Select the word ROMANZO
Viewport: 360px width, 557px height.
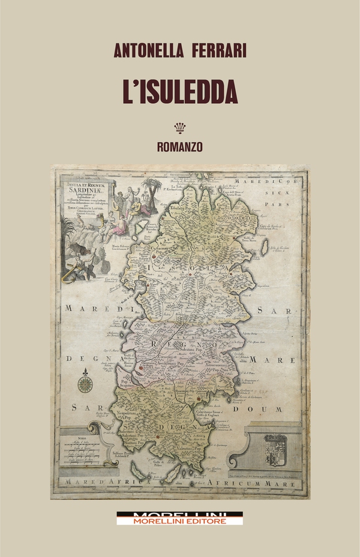(x=180, y=146)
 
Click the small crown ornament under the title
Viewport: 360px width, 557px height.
(x=180, y=127)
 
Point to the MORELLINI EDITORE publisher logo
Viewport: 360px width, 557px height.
(x=180, y=519)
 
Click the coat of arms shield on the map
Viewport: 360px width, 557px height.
(x=275, y=449)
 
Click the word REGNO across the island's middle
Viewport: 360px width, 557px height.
(x=180, y=345)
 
